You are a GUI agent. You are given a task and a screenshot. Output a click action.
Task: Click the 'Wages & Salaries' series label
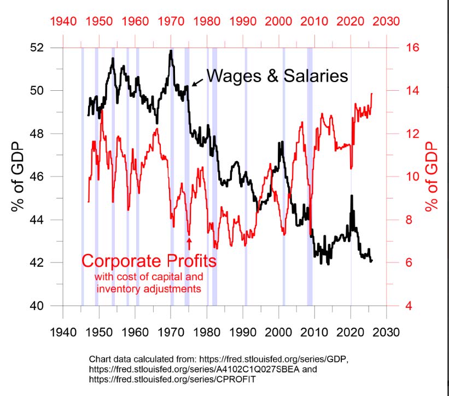[277, 76]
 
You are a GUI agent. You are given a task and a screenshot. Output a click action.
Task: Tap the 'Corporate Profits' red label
[149, 260]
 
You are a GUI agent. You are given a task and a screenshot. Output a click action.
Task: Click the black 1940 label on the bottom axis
[63, 332]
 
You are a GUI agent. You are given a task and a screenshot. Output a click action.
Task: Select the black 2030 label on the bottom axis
[387, 332]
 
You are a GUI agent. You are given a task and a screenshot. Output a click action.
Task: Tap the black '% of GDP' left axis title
[17, 176]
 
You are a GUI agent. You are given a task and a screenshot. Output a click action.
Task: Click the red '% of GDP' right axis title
[433, 176]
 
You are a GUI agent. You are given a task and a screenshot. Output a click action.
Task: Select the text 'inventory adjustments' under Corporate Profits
[149, 287]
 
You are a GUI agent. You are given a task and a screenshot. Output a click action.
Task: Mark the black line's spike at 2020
[352, 196]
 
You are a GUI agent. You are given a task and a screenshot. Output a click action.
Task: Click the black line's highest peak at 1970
[171, 51]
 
